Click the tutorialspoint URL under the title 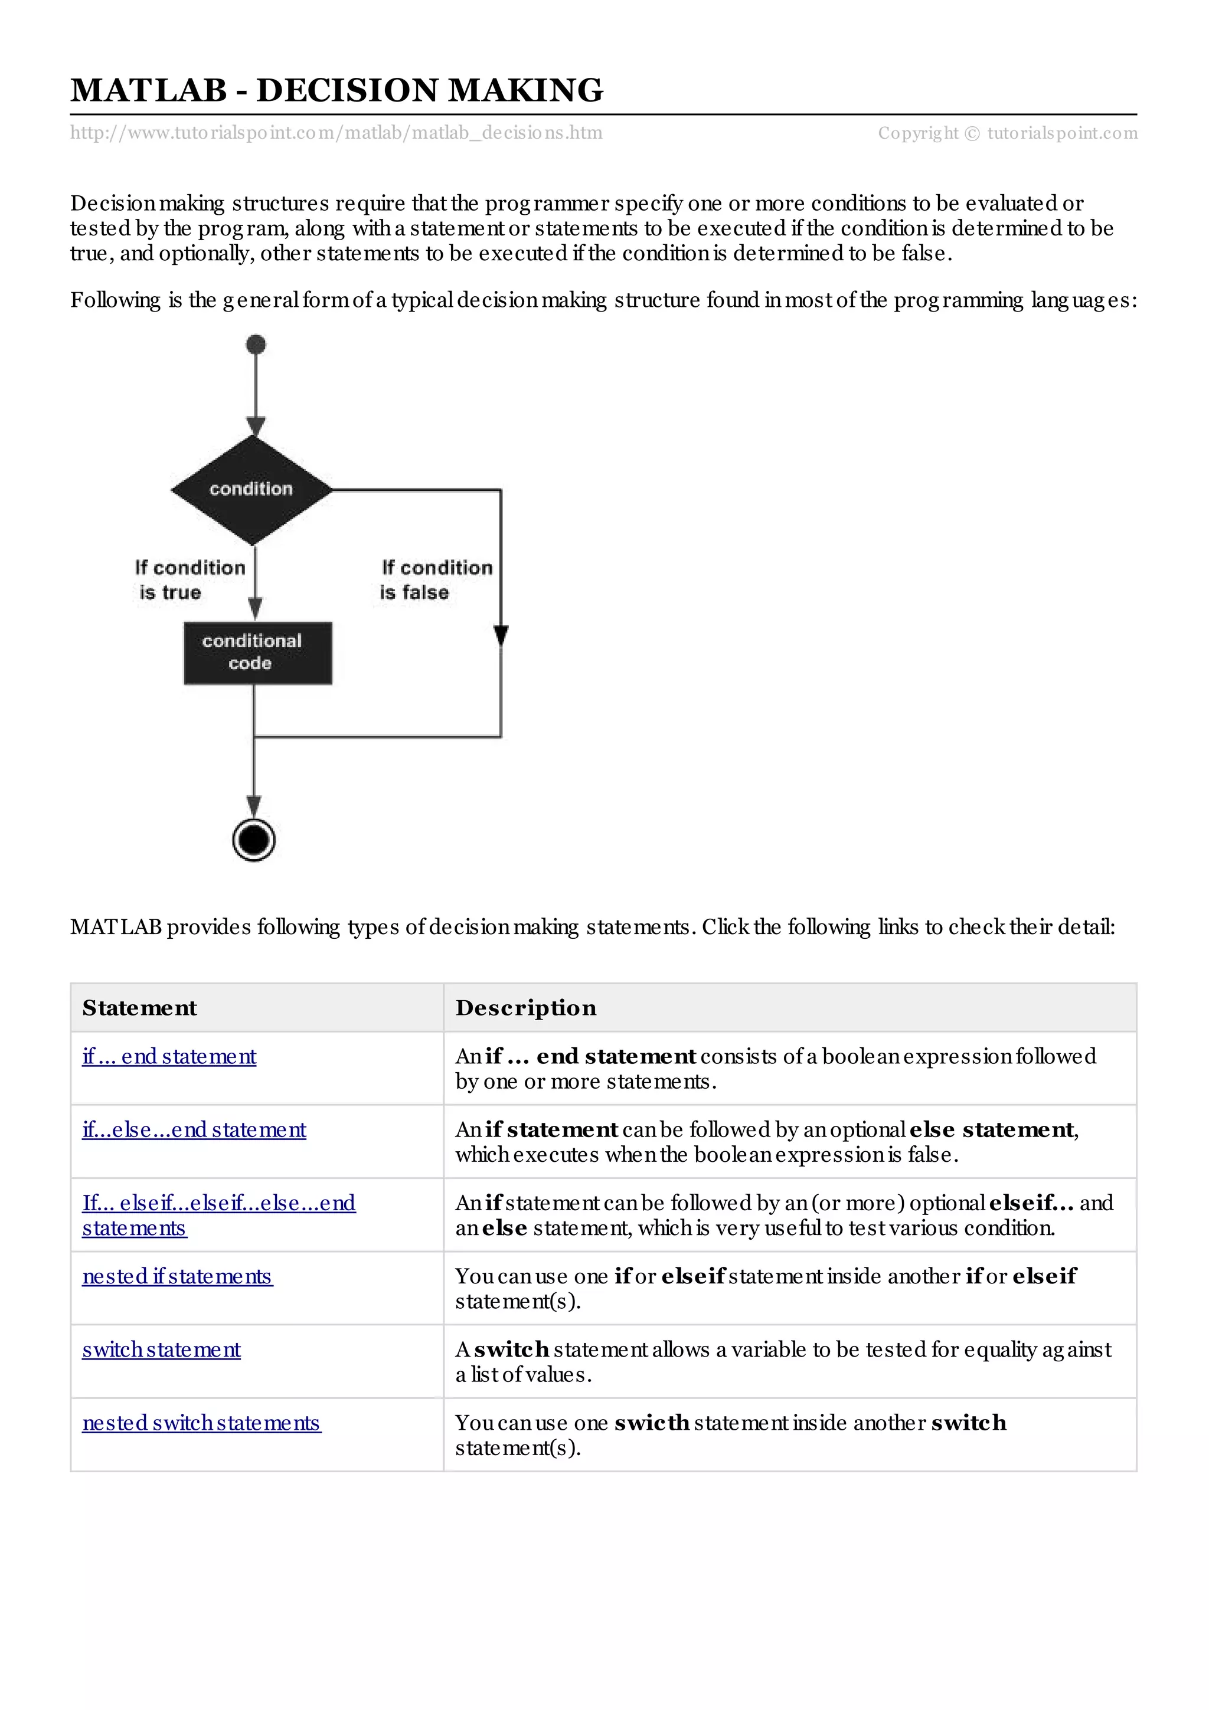336,133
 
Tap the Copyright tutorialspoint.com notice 1007,133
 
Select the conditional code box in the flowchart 258,653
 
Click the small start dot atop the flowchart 256,344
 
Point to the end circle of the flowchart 254,840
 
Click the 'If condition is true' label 189,580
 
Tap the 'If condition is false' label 436,580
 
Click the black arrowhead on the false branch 501,635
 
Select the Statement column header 140,1008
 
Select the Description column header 526,1008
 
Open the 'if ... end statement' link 169,1056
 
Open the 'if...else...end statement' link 194,1130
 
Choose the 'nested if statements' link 177,1276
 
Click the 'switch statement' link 161,1349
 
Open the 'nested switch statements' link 201,1423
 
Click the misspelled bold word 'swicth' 652,1423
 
